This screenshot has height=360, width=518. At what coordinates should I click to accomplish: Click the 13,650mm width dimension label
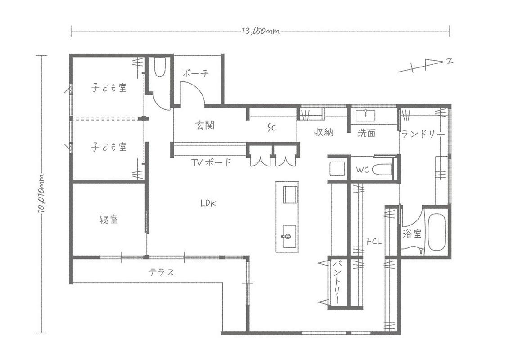pos(261,31)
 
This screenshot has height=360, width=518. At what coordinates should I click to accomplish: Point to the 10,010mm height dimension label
pos(42,193)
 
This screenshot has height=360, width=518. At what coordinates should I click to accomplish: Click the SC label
pos(272,128)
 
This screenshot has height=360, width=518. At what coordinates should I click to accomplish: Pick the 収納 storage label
pos(323,133)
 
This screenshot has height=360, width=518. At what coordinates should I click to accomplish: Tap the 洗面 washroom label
pos(366,133)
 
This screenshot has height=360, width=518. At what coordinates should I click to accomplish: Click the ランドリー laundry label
pos(423,134)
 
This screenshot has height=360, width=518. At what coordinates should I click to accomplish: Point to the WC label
pos(363,170)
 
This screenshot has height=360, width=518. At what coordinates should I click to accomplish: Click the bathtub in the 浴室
pos(436,232)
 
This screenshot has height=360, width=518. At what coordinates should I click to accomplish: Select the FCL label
pos(374,241)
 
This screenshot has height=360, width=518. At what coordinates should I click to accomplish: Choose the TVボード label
pos(211,162)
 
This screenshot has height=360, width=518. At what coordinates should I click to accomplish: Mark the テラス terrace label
pos(161,272)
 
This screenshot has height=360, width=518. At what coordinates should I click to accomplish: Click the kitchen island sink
pos(288,235)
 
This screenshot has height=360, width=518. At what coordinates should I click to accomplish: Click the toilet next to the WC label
pos(383,170)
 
